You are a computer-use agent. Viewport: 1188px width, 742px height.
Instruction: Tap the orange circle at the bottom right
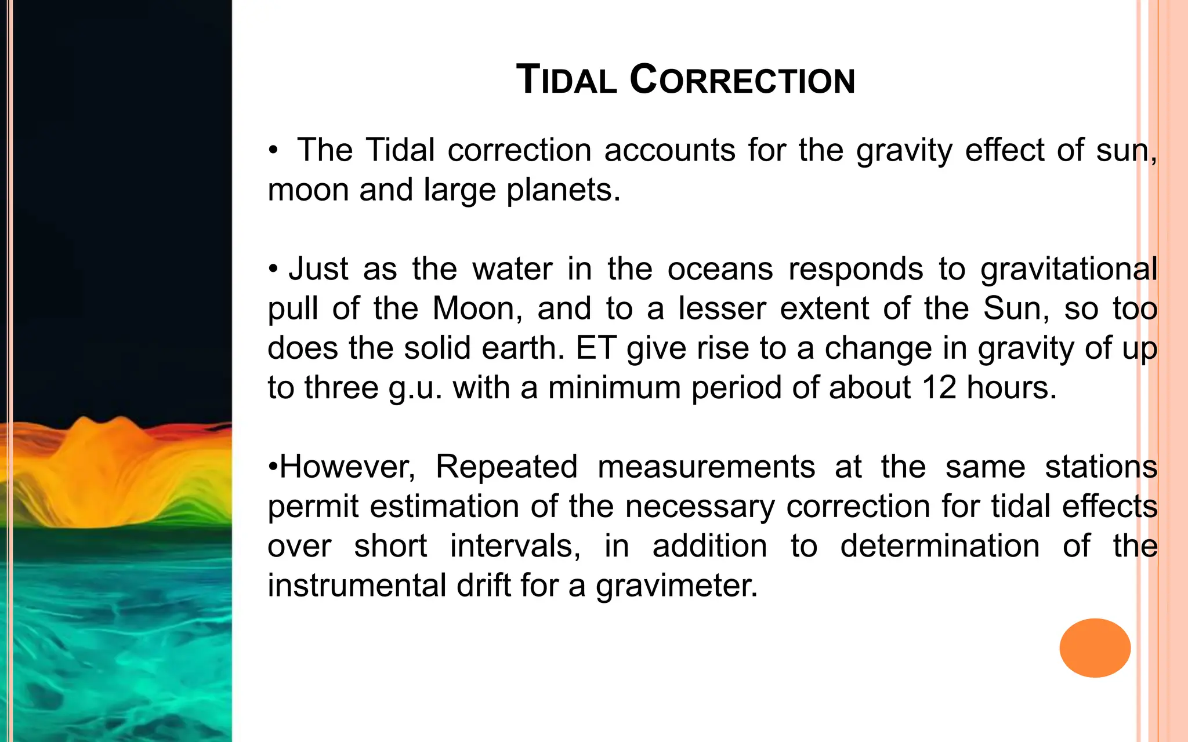(1095, 648)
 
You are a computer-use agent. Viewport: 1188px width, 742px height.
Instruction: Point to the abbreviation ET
(595, 348)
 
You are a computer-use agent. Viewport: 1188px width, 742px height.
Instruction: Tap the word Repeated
(506, 467)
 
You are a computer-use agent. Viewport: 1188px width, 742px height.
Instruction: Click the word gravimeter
(676, 585)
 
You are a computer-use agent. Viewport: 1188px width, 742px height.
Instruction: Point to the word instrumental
(357, 585)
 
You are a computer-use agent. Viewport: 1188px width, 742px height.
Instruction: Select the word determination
(939, 546)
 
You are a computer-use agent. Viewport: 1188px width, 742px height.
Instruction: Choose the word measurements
(706, 467)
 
